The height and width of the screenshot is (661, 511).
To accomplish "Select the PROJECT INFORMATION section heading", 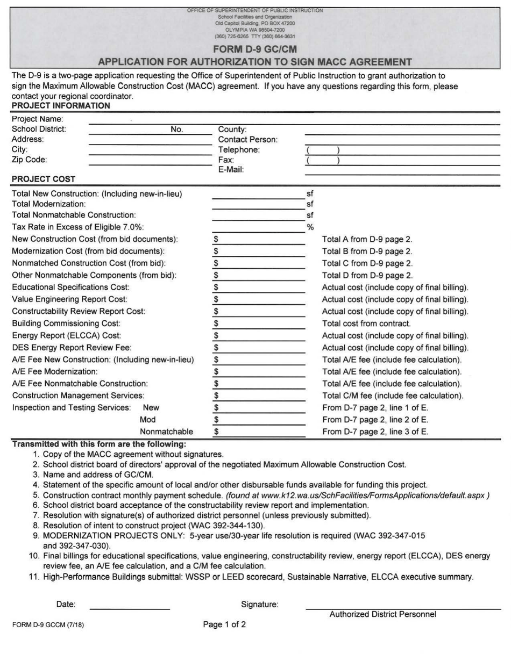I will click(x=61, y=106).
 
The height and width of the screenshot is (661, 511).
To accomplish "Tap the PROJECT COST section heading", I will click(x=44, y=179).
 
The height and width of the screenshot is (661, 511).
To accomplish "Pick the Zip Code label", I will click(x=30, y=160).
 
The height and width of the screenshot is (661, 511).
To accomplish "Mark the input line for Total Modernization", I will click(x=258, y=204).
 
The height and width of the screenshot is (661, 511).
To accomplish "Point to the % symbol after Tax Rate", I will click(x=310, y=227).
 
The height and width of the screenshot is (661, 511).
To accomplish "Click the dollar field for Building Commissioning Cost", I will click(x=259, y=324).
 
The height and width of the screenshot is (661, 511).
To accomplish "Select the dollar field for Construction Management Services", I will click(x=259, y=396).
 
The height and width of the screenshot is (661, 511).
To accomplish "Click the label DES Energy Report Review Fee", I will click(x=72, y=348).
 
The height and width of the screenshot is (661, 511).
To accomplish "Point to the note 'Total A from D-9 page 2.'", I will click(x=367, y=239).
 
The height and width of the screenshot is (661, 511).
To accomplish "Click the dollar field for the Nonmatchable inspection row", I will click(x=259, y=432).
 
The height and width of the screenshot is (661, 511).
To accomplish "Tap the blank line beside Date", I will click(x=130, y=605).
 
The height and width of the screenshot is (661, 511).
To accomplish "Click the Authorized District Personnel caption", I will click(x=382, y=614).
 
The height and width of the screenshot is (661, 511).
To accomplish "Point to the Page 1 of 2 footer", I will click(x=224, y=624).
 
